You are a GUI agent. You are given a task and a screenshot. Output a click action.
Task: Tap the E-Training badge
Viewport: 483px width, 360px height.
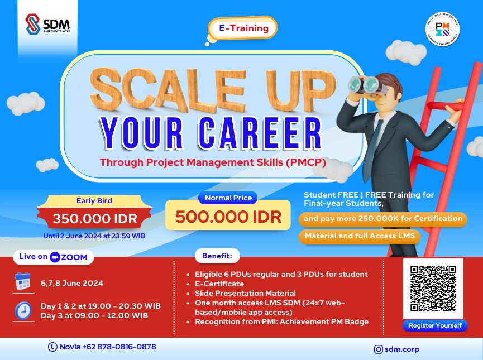pos(242,28)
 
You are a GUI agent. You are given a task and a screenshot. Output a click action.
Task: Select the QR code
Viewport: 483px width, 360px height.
pos(433,288)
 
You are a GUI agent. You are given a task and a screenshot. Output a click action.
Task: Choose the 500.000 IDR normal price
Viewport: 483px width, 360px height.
pos(228,217)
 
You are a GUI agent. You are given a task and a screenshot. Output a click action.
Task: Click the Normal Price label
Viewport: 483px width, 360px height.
pos(228,198)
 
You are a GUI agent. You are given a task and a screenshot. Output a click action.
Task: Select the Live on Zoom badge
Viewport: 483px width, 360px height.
pos(53,257)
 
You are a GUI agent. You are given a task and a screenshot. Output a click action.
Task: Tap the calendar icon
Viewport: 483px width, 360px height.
pos(23,282)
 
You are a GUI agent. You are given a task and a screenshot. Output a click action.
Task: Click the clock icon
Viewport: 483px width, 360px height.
pos(23,310)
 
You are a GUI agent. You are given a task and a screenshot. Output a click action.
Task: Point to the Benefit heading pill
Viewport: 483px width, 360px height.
pos(217,256)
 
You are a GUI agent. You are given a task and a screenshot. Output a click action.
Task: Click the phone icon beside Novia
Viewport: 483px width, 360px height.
pos(53,347)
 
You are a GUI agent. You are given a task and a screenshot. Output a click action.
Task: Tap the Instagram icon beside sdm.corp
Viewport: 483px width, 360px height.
pos(379,349)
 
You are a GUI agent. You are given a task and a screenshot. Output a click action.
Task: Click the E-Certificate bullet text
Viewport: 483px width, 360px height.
pos(219,284)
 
